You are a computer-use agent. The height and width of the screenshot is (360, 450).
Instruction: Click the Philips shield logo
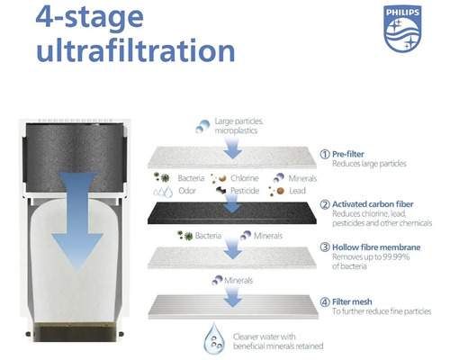(x=402, y=29)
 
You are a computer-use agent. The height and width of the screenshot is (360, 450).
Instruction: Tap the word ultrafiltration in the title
(x=136, y=50)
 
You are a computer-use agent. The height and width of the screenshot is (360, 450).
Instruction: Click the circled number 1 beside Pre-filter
(x=325, y=154)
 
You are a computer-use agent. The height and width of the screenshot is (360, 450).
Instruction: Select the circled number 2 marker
(x=325, y=204)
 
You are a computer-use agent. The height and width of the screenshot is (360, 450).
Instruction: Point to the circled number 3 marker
(x=325, y=247)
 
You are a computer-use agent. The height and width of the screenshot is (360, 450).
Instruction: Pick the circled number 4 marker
(x=325, y=301)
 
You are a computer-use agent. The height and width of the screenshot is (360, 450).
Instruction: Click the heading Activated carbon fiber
(x=373, y=204)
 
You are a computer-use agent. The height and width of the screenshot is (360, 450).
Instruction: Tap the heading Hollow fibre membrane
(x=376, y=247)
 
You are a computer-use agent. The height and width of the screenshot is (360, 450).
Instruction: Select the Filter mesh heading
(x=352, y=301)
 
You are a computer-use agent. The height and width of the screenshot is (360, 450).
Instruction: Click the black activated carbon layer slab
(x=232, y=212)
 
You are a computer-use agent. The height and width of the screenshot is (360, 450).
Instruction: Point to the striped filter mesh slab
(x=233, y=307)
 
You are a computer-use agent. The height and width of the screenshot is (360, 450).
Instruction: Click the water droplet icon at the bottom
(x=214, y=338)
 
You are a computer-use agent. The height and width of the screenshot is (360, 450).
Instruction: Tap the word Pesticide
(x=245, y=191)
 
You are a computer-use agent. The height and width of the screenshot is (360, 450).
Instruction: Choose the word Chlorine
(x=245, y=178)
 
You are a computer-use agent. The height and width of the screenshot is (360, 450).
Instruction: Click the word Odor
(x=187, y=191)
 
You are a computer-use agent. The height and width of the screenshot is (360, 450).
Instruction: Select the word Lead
(x=297, y=191)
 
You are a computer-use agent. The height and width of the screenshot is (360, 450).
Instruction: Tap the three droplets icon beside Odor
(x=163, y=192)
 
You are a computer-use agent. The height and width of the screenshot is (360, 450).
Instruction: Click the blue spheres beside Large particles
(x=202, y=126)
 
